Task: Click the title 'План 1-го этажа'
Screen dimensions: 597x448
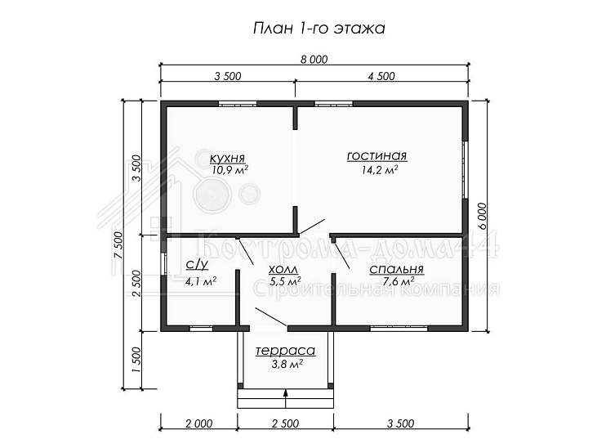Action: click(319, 29)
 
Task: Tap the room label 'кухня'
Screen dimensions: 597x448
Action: click(227, 158)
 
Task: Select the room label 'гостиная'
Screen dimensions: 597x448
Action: click(377, 156)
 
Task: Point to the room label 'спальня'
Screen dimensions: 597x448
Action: click(396, 269)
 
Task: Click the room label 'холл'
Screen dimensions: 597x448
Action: click(283, 270)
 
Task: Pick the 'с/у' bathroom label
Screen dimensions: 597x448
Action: click(197, 264)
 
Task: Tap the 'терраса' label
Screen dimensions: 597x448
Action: click(285, 351)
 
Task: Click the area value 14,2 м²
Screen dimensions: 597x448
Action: click(380, 169)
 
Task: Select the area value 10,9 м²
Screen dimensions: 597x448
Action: click(230, 169)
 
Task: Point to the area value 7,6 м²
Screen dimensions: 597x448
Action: click(399, 282)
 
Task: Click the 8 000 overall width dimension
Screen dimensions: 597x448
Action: click(314, 60)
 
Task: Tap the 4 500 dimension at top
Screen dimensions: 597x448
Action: click(381, 76)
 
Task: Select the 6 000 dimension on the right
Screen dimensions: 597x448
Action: click(482, 216)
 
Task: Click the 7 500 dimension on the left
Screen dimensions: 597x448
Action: click(118, 245)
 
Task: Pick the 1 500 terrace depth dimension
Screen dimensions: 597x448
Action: click(137, 361)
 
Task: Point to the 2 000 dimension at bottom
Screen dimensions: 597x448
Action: click(199, 423)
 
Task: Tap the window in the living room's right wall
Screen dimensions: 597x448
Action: click(465, 170)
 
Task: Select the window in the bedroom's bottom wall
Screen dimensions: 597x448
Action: click(399, 328)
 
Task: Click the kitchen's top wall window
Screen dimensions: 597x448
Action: click(238, 103)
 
